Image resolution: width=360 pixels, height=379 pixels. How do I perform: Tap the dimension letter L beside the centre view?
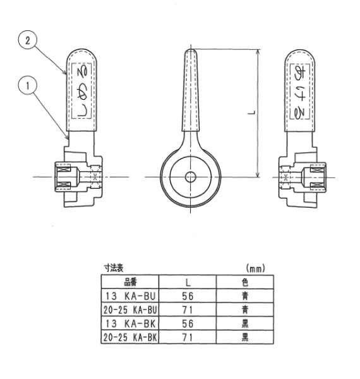[x=251, y=113]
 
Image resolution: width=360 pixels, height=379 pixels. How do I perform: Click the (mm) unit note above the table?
[x=256, y=268]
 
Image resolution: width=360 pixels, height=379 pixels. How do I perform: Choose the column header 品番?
[x=130, y=281]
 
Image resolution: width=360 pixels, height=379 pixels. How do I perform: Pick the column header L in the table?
[x=187, y=281]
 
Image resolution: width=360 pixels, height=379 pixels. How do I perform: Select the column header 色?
[x=244, y=281]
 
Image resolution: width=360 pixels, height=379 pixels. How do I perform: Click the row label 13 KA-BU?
[x=130, y=295]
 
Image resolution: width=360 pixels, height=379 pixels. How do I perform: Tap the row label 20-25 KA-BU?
[x=130, y=309]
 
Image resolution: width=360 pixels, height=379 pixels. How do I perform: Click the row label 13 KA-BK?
[x=130, y=323]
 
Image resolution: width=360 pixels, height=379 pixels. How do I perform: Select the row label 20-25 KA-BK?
[x=130, y=337]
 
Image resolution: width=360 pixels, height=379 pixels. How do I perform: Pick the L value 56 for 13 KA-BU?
[x=187, y=295]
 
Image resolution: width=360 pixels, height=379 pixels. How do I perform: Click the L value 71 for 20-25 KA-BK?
[x=187, y=337]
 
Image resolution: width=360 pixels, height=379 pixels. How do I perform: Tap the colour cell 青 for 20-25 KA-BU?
[x=244, y=309]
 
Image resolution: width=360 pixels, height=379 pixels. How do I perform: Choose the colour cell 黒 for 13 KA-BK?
[x=244, y=323]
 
